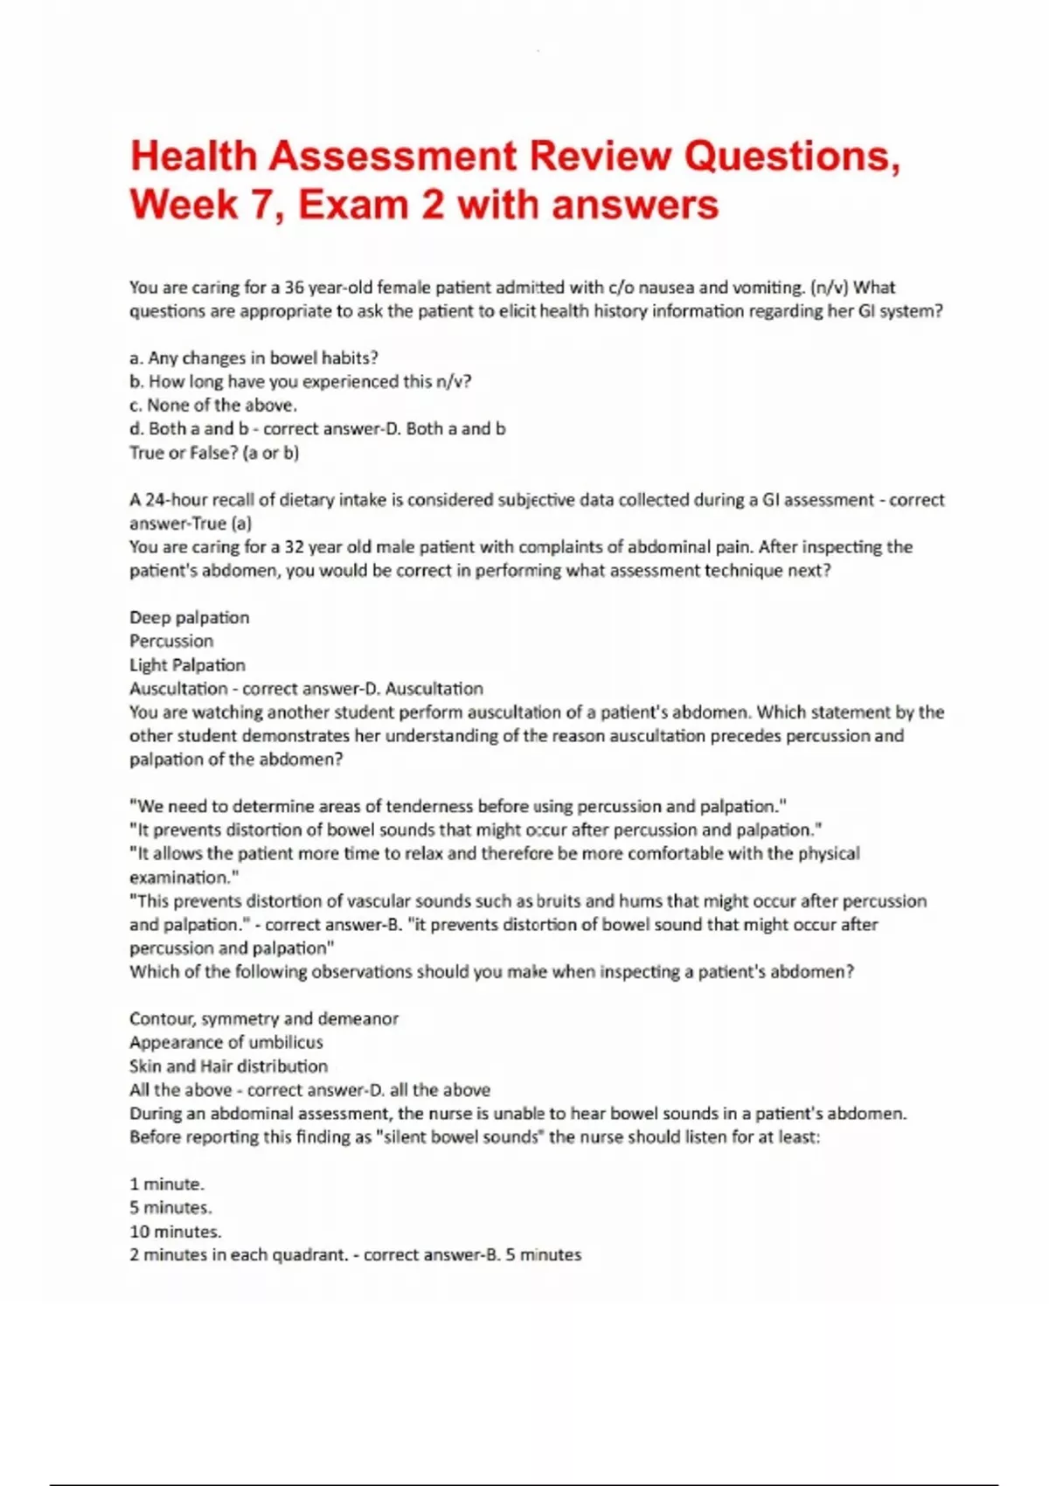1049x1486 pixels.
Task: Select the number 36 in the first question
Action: pyautogui.click(x=295, y=288)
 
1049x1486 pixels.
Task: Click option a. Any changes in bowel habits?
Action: pyautogui.click(x=254, y=358)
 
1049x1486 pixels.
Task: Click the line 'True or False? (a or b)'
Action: pyautogui.click(x=214, y=453)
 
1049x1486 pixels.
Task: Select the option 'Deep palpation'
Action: pyautogui.click(x=189, y=617)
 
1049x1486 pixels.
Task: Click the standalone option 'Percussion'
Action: pyautogui.click(x=171, y=641)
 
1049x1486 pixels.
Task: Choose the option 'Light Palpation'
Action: pyautogui.click(x=187, y=664)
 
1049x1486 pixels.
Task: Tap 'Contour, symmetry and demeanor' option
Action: pyautogui.click(x=263, y=1018)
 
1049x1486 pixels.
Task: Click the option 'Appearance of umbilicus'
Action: pyautogui.click(x=226, y=1042)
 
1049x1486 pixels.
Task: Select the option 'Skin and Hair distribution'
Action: pyautogui.click(x=228, y=1066)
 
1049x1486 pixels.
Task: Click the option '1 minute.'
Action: pyautogui.click(x=166, y=1184)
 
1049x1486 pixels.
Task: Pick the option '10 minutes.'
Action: pyautogui.click(x=175, y=1231)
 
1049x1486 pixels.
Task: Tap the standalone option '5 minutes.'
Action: pyautogui.click(x=170, y=1207)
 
